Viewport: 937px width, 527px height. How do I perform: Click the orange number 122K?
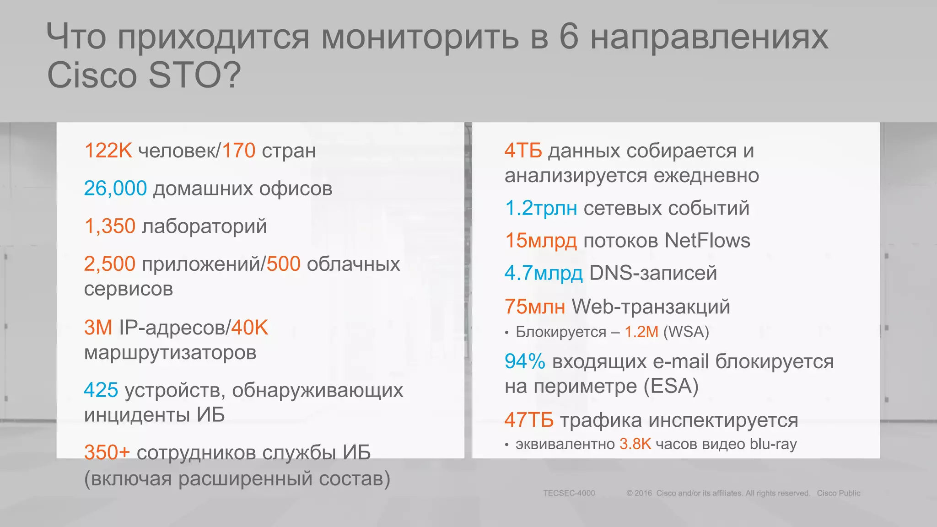pyautogui.click(x=108, y=151)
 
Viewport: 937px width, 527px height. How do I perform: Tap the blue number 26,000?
pyautogui.click(x=115, y=188)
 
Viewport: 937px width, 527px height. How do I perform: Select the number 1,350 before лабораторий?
pyautogui.click(x=110, y=226)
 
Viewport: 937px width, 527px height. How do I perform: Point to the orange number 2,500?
pyautogui.click(x=110, y=264)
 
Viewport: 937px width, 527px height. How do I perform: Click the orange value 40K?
pyautogui.click(x=249, y=328)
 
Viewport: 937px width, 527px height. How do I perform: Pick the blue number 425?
pyautogui.click(x=101, y=390)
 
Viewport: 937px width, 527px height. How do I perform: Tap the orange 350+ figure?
pyautogui.click(x=107, y=452)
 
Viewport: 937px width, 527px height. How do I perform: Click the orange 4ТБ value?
pyautogui.click(x=523, y=151)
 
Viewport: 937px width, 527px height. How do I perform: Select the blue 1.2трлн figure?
pyautogui.click(x=541, y=208)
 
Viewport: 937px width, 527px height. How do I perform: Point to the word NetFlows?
pyautogui.click(x=707, y=241)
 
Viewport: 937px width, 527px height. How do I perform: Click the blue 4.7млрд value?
pyautogui.click(x=544, y=273)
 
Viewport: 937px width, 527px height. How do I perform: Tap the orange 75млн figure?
pyautogui.click(x=534, y=307)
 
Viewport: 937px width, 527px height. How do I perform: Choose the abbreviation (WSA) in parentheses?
pyautogui.click(x=686, y=332)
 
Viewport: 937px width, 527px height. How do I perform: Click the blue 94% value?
pyautogui.click(x=525, y=361)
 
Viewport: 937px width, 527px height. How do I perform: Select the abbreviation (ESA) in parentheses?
pyautogui.click(x=671, y=386)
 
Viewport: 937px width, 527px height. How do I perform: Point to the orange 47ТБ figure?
pyautogui.click(x=529, y=420)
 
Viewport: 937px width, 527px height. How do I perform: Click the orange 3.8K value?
pyautogui.click(x=635, y=444)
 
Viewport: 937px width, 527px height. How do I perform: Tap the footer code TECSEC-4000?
pyautogui.click(x=569, y=493)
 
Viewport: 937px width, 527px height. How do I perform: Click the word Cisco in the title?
pyautogui.click(x=92, y=75)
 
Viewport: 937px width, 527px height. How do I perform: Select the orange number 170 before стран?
pyautogui.click(x=238, y=151)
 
